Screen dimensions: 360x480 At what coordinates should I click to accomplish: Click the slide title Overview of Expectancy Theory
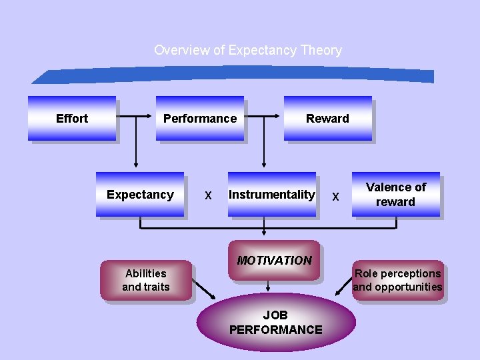[247, 50]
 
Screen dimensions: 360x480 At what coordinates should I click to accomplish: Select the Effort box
[72, 119]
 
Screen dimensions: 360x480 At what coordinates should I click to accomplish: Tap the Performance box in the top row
[200, 119]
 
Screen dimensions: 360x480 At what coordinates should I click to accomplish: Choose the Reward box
[327, 119]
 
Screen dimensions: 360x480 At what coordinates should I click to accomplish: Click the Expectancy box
[140, 195]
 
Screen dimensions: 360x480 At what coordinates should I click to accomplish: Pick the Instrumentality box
[271, 195]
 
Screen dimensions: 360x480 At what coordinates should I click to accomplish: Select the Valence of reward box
[396, 195]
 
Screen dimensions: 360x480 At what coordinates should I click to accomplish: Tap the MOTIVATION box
[274, 260]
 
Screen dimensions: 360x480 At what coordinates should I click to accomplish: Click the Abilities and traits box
[146, 280]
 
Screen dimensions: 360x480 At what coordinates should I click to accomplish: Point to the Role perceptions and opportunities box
[398, 280]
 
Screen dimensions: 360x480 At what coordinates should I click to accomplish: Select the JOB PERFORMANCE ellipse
[275, 323]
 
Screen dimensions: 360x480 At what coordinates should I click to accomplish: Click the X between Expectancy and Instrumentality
[208, 196]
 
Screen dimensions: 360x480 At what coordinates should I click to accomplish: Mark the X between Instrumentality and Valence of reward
[335, 197]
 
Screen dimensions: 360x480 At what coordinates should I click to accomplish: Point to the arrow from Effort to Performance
[136, 118]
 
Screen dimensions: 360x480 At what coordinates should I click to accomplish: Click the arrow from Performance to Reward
[263, 118]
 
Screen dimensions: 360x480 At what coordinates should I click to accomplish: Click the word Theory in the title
[321, 50]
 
